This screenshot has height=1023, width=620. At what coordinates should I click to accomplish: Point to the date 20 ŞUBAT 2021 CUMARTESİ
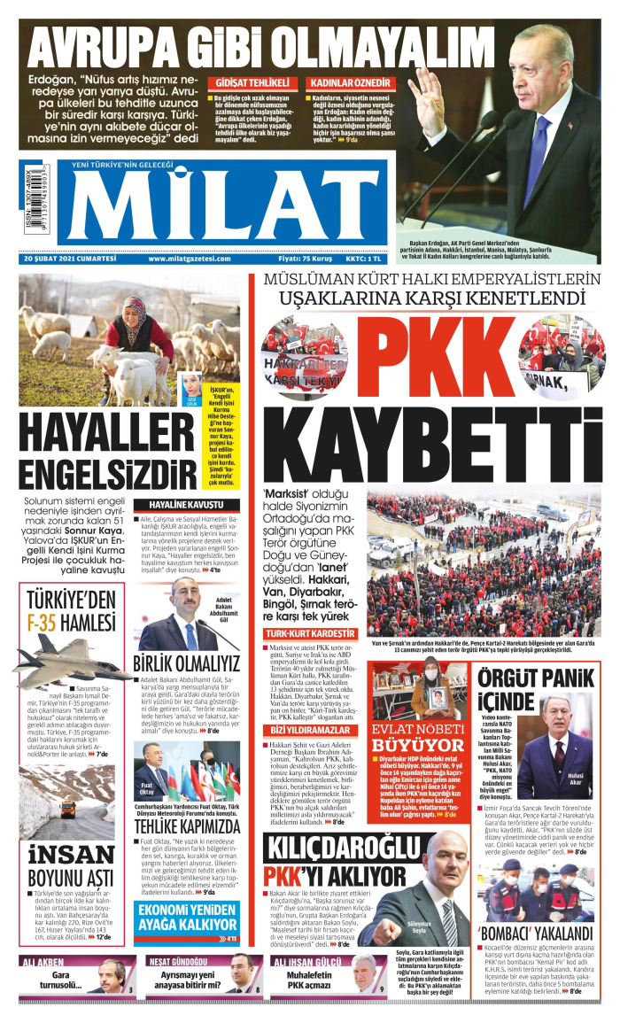click(71, 259)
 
